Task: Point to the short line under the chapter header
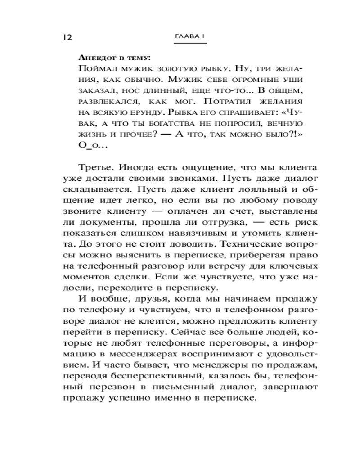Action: pos(190,44)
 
